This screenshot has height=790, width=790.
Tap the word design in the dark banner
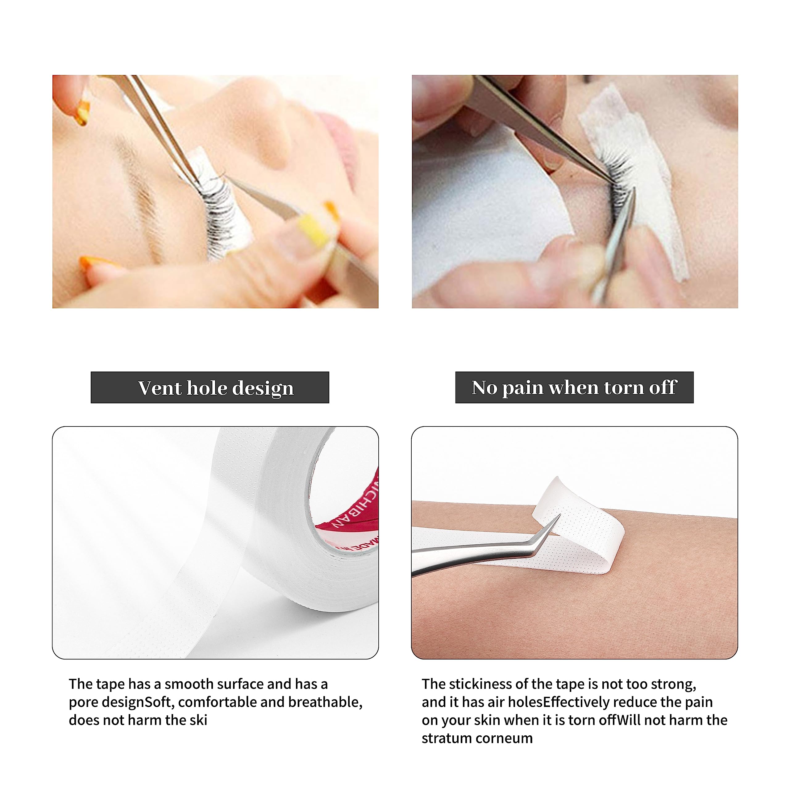[x=263, y=389]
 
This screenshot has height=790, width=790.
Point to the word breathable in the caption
[x=325, y=702]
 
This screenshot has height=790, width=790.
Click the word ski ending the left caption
[x=198, y=720]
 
